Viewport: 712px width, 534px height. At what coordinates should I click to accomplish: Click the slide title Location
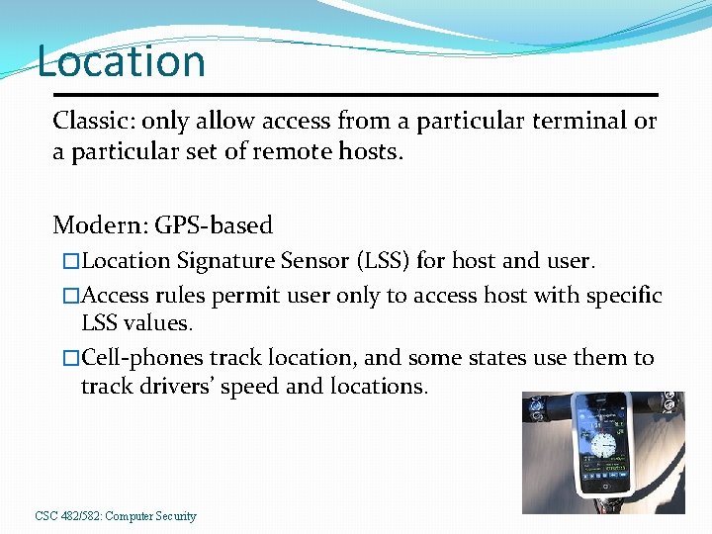[x=121, y=61]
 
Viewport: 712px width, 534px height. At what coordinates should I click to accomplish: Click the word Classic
[x=93, y=122]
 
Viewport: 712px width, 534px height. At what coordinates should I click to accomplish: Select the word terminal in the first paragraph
[x=582, y=122]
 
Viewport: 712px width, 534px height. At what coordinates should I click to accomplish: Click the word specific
[x=624, y=296]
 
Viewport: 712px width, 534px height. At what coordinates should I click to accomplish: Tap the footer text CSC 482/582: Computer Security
[x=116, y=516]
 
